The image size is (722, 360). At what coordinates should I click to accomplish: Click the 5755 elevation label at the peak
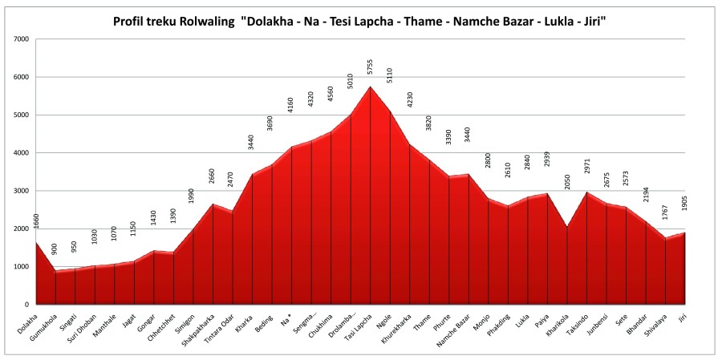(x=370, y=69)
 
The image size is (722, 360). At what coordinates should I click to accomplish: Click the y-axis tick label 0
(x=26, y=305)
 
